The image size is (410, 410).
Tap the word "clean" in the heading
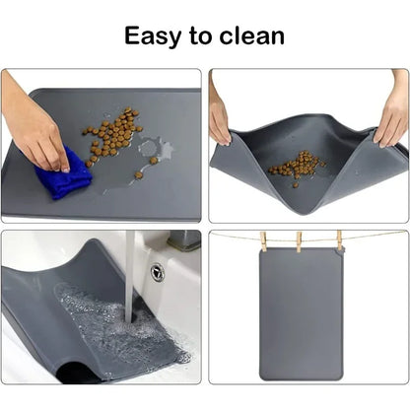(251, 36)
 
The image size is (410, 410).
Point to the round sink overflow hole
(157, 271)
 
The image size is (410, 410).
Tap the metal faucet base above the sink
(183, 241)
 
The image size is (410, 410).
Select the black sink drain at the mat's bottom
(74, 373)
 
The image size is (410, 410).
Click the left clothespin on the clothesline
(263, 241)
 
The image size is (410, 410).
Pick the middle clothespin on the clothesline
(300, 241)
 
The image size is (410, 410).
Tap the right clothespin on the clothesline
(337, 240)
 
